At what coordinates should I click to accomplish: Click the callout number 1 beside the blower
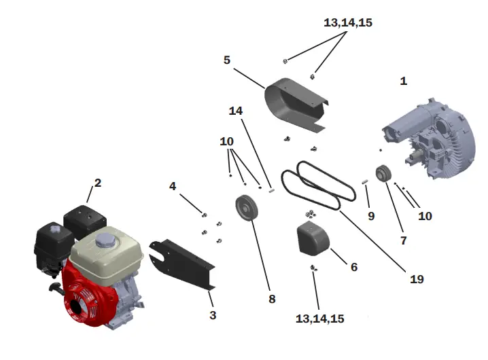coord(404,81)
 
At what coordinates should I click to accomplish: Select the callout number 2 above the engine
coord(98,183)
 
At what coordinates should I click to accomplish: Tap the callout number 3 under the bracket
coord(213,315)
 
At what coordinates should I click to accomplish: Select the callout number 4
coord(173,185)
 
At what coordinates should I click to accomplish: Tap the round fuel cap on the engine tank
coord(108,240)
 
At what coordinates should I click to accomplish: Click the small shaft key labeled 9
coord(365,181)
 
